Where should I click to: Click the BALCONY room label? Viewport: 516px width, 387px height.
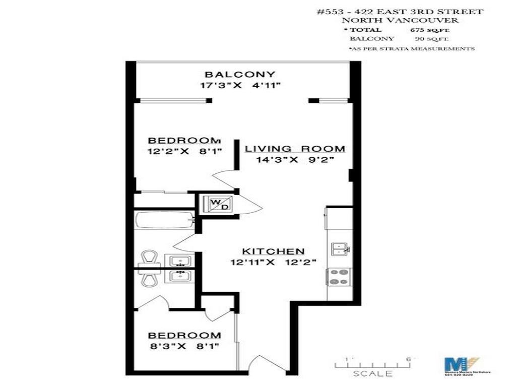pos(240,75)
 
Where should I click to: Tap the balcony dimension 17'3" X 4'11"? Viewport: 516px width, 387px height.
pos(240,86)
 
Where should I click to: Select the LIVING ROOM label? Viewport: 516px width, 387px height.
pos(295,149)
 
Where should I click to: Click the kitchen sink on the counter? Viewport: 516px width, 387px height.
pos(341,248)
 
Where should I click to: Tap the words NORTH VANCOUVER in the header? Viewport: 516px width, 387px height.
pos(400,20)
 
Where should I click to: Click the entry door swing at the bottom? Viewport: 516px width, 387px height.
pos(261,364)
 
